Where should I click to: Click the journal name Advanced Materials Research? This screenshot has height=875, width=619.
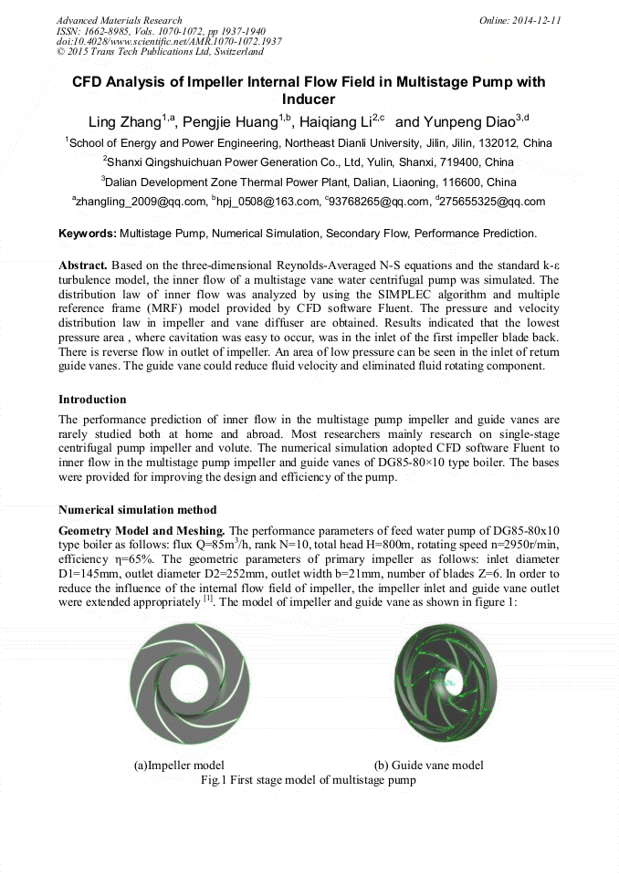pyautogui.click(x=119, y=20)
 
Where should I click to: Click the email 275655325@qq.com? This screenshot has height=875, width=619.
pyautogui.click(x=494, y=202)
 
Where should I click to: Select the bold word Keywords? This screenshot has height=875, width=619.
pyautogui.click(x=88, y=234)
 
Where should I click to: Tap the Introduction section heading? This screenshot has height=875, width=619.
pyautogui.click(x=92, y=400)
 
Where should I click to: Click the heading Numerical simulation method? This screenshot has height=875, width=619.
pyautogui.click(x=137, y=510)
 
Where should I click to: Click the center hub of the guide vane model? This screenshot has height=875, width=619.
pyautogui.click(x=448, y=680)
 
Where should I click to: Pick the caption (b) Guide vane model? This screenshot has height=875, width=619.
pyautogui.click(x=429, y=765)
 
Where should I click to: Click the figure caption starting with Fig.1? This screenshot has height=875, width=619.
pyautogui.click(x=308, y=780)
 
